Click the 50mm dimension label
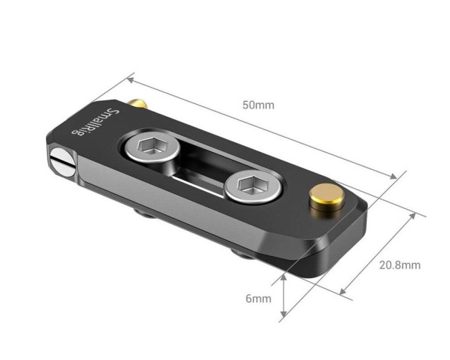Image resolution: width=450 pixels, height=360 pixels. pos(258,105)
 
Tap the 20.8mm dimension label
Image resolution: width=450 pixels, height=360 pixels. pos(400,265)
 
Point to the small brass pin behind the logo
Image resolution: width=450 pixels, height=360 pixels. pos(137,102)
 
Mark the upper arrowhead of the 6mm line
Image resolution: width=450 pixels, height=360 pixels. pos(285,277)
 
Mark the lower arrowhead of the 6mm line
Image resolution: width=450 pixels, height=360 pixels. pos(285,314)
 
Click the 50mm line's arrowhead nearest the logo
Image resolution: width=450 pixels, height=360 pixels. pos(131,78)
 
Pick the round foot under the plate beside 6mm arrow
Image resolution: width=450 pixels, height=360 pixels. pos(246,255)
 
